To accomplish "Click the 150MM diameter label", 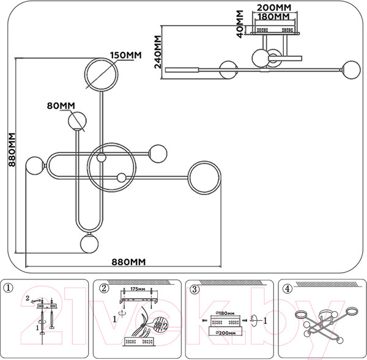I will pos(125,55).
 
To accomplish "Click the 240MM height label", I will pos(158,52).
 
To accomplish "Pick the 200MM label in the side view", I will pos(273,7).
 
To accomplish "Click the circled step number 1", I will pos(8,288).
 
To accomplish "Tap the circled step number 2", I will pos(104,288).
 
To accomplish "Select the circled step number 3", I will pos(195,288).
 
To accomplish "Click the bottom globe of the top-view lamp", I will pos(89,244).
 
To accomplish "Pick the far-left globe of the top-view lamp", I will pos(34,166).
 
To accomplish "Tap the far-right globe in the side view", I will pos(351,68).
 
